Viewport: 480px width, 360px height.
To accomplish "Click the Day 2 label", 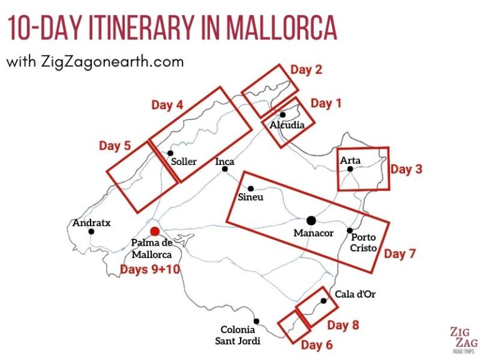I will click(x=306, y=70).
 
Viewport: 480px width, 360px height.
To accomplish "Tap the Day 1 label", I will click(x=326, y=103).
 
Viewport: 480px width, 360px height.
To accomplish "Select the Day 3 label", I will click(x=406, y=169).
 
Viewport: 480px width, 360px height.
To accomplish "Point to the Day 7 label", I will click(x=399, y=254).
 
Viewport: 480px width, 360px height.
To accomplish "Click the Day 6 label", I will click(x=316, y=345).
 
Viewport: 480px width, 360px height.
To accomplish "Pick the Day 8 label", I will click(x=342, y=325).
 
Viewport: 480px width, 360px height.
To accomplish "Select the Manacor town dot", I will click(x=311, y=220).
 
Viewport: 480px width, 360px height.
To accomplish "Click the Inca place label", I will click(x=225, y=162).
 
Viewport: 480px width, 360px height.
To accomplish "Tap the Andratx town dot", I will click(x=92, y=231).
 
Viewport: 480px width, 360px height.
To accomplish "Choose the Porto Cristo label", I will click(x=364, y=242).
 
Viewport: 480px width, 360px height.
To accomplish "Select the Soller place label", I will click(x=184, y=162).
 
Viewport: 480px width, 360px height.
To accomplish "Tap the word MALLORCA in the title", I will click(x=282, y=27).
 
